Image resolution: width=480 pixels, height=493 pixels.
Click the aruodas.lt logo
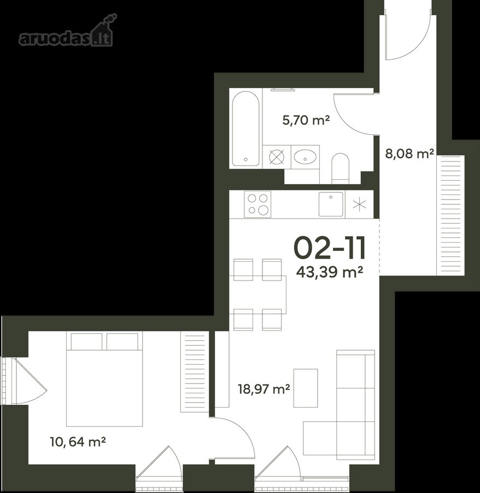point(66,31)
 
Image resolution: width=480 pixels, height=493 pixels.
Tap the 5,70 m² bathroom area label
point(306,120)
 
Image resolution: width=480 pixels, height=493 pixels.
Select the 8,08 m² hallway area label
point(409,154)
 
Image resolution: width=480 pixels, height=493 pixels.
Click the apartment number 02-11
point(330,248)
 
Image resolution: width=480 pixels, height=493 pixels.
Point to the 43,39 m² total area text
point(330,272)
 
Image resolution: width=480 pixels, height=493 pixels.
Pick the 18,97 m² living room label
point(264,389)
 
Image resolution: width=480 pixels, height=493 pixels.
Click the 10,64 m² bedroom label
point(78,442)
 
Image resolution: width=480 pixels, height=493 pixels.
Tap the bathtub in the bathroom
point(245,129)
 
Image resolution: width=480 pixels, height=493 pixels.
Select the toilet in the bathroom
point(341,169)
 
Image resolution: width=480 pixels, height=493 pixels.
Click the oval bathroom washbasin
point(305,157)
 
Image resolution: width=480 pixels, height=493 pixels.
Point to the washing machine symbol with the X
point(277,157)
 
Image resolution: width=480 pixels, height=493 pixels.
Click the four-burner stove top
point(257,204)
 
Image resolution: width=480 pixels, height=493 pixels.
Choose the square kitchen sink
point(331,204)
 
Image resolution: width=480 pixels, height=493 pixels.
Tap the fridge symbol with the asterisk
point(359,204)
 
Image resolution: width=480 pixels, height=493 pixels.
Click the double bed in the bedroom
point(104,379)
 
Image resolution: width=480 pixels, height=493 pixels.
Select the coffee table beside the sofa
point(306,388)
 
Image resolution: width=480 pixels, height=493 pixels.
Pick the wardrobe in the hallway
point(450,215)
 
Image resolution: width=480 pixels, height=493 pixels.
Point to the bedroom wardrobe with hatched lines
point(195,372)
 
